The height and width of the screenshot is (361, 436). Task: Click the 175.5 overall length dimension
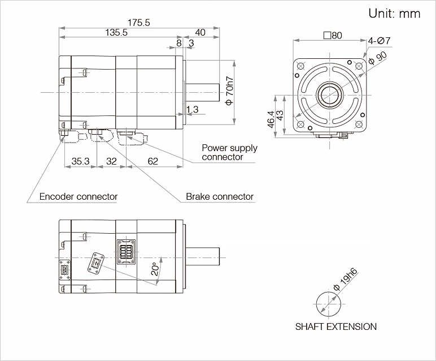tap(138, 23)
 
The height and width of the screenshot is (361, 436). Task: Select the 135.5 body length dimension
tap(116, 33)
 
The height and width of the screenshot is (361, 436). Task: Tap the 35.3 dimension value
tap(80, 162)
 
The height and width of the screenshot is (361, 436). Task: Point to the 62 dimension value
tap(152, 162)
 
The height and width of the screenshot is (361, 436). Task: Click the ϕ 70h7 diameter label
tap(229, 91)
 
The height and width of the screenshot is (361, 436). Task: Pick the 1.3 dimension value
tap(192, 109)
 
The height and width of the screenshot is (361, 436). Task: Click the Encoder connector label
tap(79, 197)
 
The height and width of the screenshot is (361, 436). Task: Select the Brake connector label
tap(220, 197)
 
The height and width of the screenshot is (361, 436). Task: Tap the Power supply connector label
tap(229, 152)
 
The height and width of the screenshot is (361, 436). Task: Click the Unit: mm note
tap(394, 14)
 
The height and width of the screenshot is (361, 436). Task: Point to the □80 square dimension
tap(333, 35)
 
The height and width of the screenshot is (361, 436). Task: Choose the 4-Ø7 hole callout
tap(380, 41)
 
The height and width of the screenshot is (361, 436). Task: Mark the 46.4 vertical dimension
tap(271, 119)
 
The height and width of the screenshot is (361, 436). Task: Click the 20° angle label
tap(155, 269)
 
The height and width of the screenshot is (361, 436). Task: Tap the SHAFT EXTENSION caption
tap(335, 326)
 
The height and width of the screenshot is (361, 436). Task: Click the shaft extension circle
tap(328, 306)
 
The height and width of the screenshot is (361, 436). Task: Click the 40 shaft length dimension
tap(200, 33)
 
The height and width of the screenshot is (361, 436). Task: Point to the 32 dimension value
tap(111, 162)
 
